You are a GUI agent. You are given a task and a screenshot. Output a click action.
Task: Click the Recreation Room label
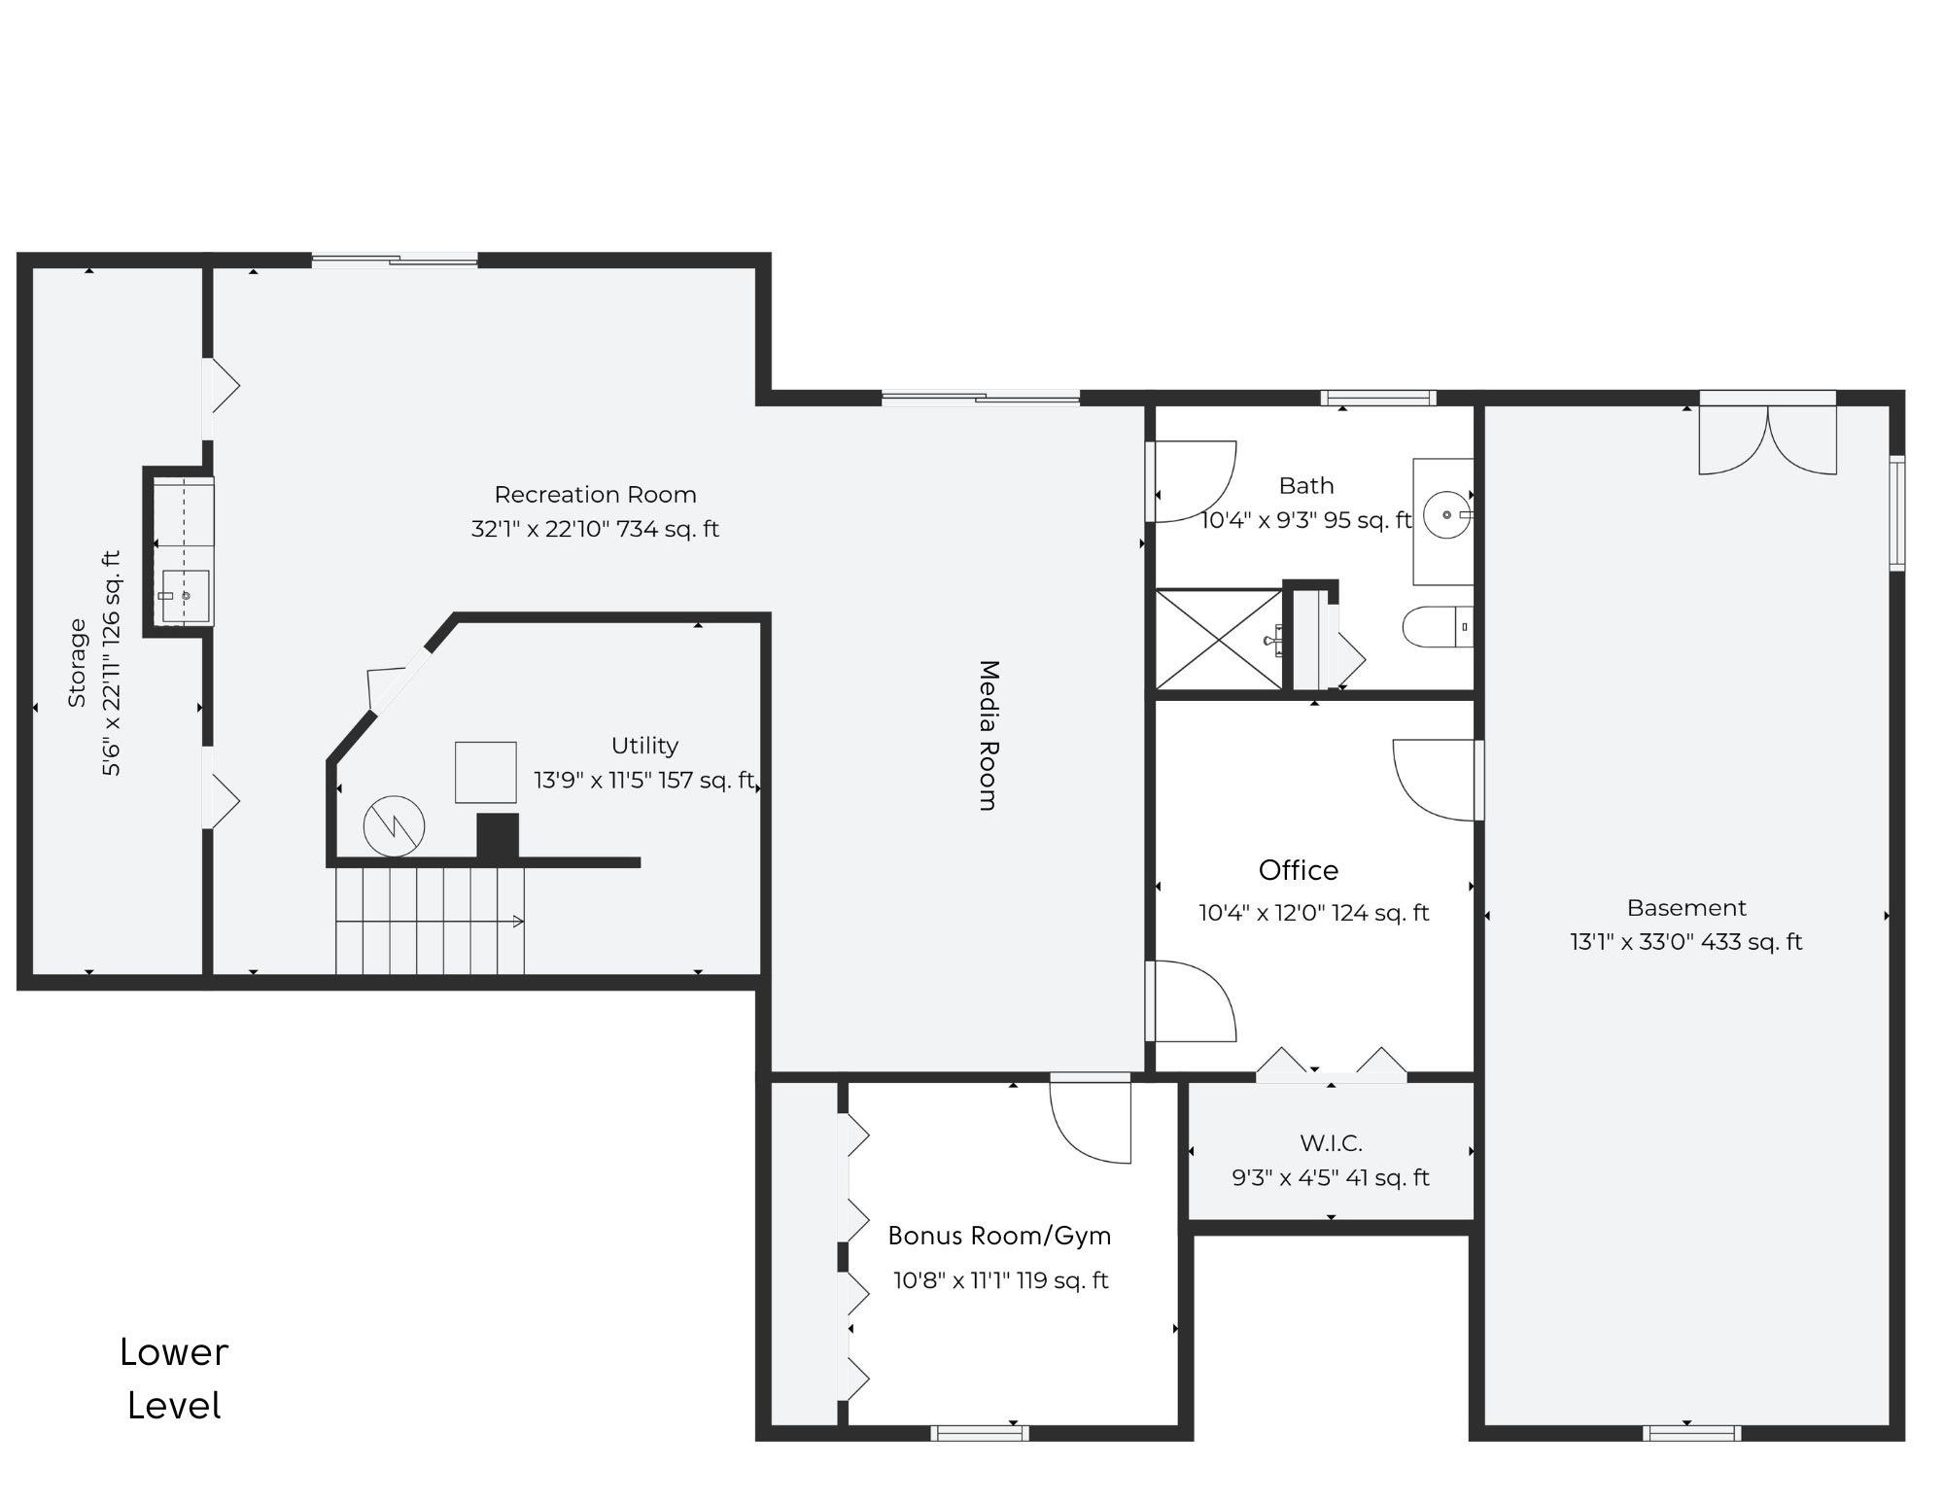click(x=595, y=495)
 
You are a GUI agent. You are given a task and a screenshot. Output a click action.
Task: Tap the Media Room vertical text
click(x=988, y=735)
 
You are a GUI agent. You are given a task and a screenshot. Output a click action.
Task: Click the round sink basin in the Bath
click(x=1446, y=515)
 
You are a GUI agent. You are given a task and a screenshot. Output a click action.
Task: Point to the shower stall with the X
click(x=1218, y=639)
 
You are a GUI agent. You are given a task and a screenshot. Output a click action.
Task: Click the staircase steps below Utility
click(x=430, y=920)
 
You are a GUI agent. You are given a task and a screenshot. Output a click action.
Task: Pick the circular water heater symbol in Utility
click(x=395, y=826)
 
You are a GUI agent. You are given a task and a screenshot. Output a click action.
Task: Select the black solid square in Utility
click(x=498, y=836)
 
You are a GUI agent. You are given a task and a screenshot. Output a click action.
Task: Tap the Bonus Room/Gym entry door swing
click(x=1092, y=1120)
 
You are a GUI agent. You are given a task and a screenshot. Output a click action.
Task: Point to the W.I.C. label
click(x=1331, y=1143)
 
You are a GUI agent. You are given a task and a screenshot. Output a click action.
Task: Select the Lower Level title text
click(x=174, y=1379)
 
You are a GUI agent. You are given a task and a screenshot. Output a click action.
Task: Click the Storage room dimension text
click(x=113, y=664)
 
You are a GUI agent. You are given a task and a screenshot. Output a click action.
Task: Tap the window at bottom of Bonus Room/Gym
click(x=979, y=1433)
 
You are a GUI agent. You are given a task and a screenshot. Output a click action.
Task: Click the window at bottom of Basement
click(x=1691, y=1433)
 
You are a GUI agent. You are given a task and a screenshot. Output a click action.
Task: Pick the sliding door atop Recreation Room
click(x=395, y=260)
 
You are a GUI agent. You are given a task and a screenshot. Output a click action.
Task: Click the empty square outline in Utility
click(x=485, y=772)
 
